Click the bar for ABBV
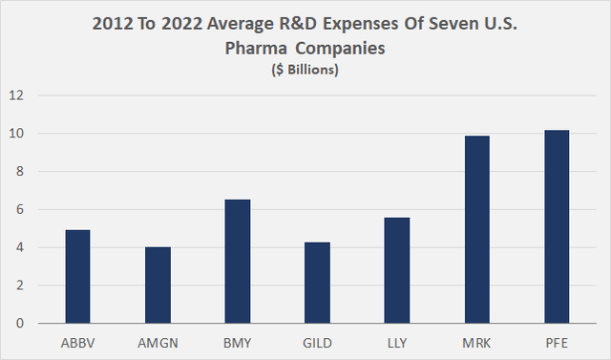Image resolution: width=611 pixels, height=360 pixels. pyautogui.click(x=79, y=277)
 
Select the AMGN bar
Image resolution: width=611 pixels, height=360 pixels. pyautogui.click(x=158, y=286)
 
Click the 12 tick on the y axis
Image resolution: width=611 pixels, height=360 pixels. pyautogui.click(x=16, y=95)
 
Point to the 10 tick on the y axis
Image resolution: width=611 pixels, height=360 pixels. pyautogui.click(x=16, y=134)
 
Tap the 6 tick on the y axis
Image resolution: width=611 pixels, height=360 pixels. pyautogui.click(x=19, y=209)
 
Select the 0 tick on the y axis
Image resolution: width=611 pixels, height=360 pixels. pyautogui.click(x=19, y=324)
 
